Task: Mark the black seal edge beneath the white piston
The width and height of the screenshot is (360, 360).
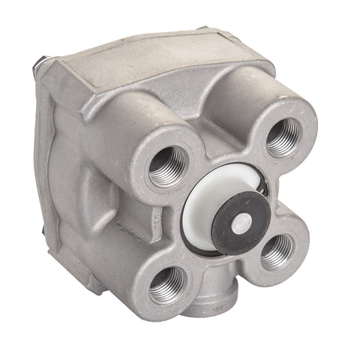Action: point(214,251)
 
